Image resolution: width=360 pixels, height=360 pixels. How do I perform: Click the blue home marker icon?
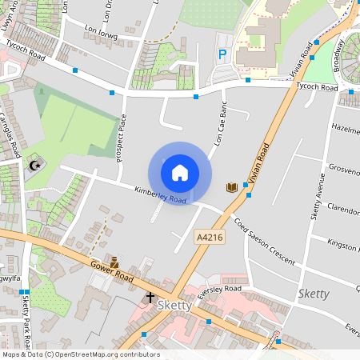[x=180, y=173]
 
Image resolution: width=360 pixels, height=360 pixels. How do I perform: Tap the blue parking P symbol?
[x=223, y=54]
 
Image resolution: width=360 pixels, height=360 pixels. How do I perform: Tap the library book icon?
[x=232, y=187]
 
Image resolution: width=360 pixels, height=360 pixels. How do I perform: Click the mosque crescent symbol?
[x=34, y=166]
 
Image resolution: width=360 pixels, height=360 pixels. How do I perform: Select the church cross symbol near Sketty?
[x=150, y=298]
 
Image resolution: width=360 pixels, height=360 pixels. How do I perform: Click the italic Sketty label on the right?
[x=313, y=294]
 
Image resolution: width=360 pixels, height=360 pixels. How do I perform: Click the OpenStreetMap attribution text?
[x=81, y=354]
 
